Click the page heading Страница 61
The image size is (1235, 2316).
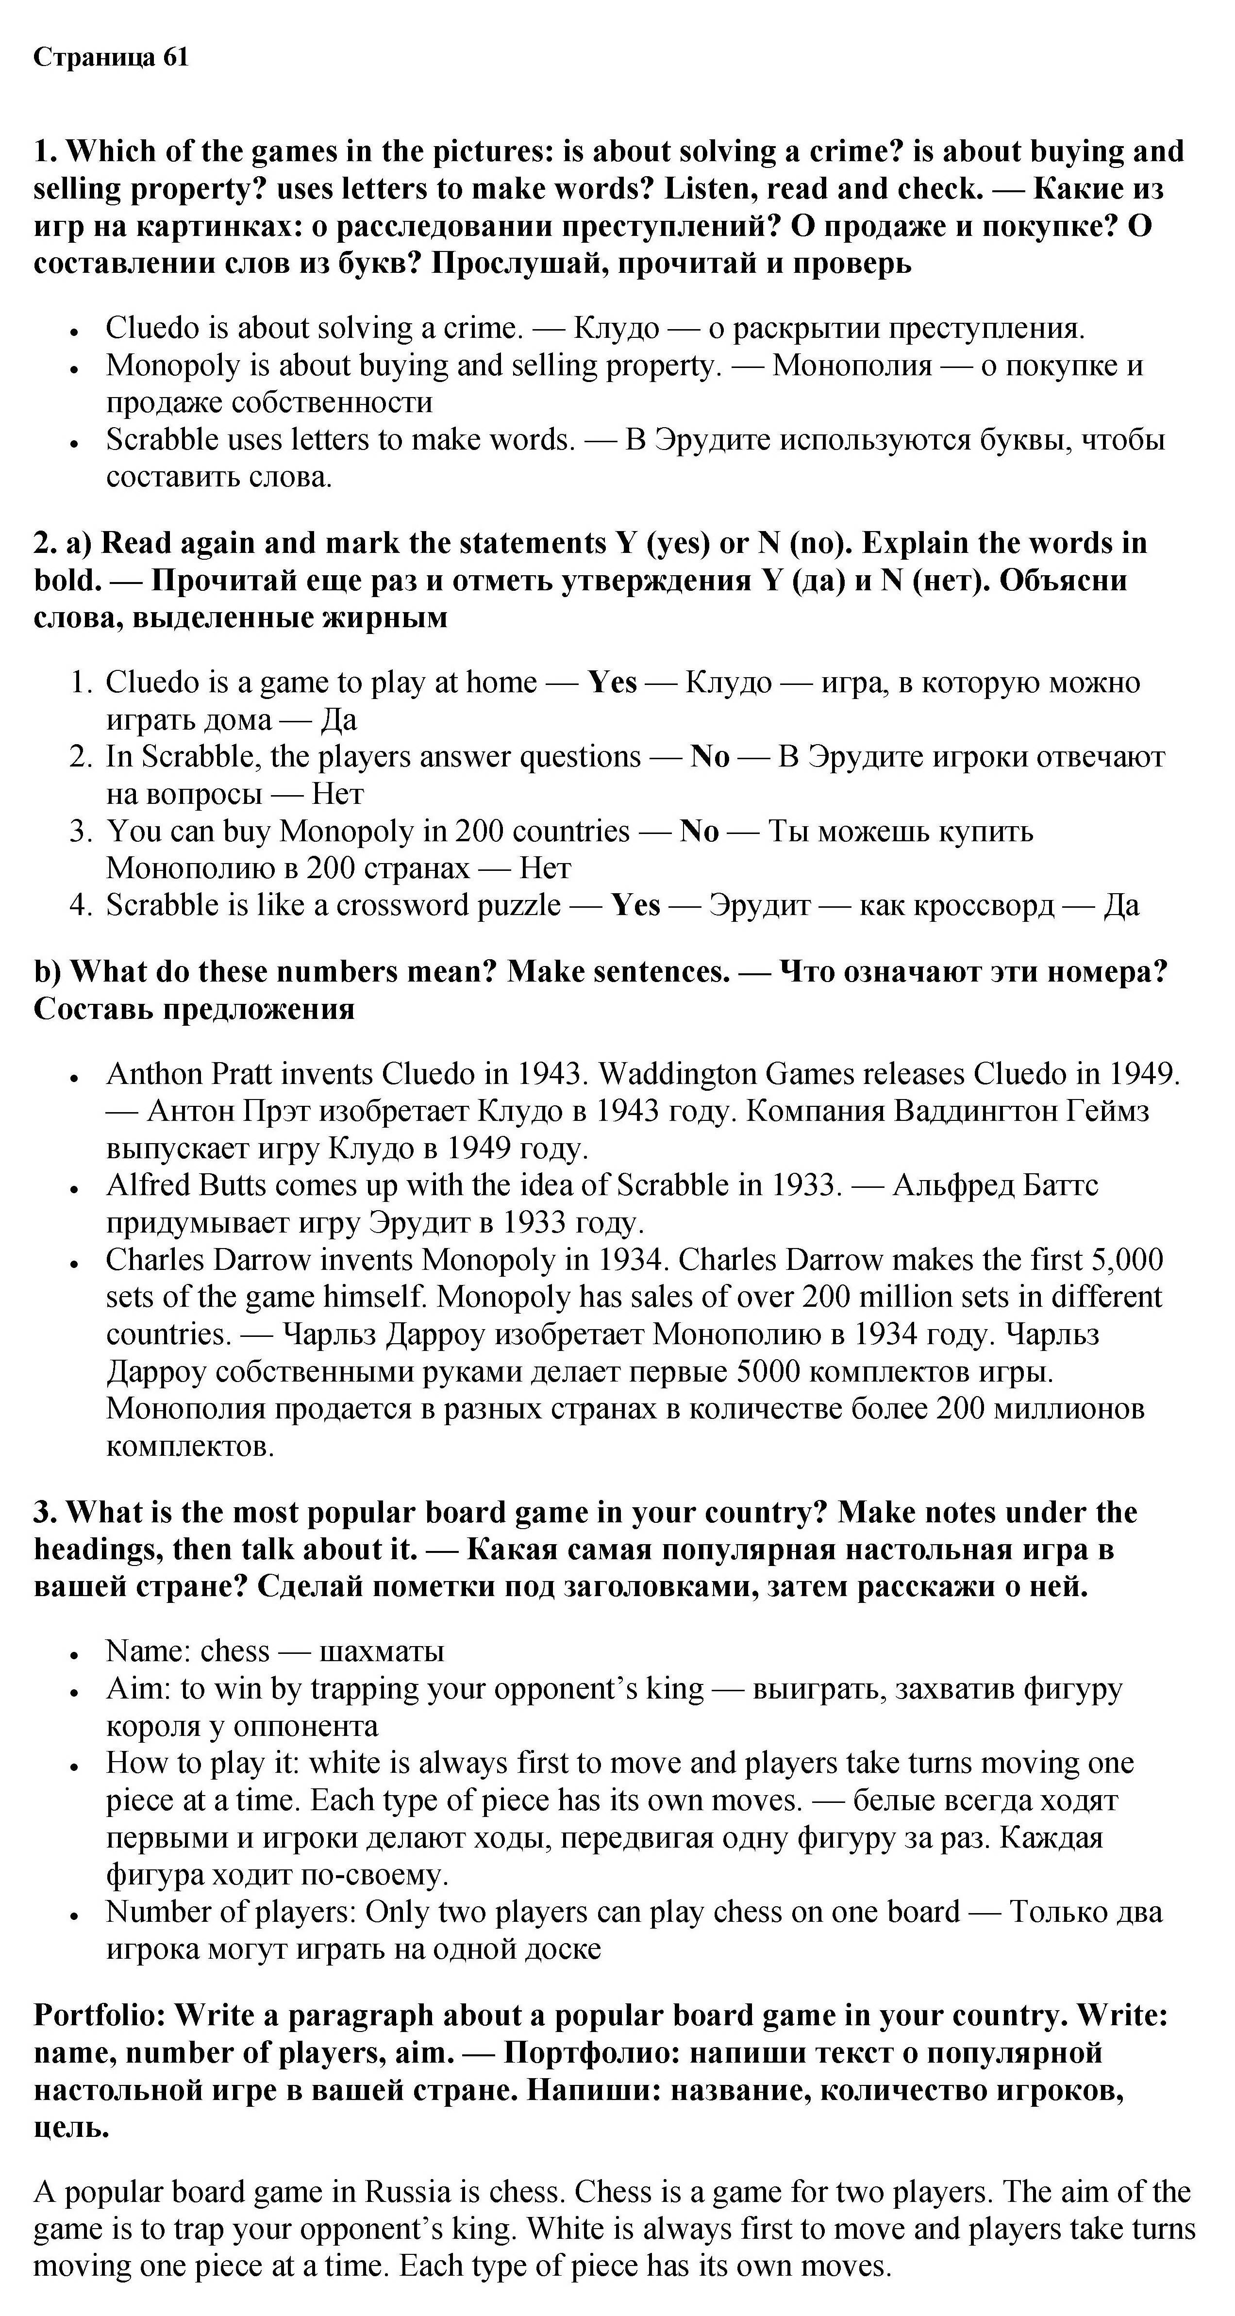coord(112,58)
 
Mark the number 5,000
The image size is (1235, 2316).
coord(1127,1260)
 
